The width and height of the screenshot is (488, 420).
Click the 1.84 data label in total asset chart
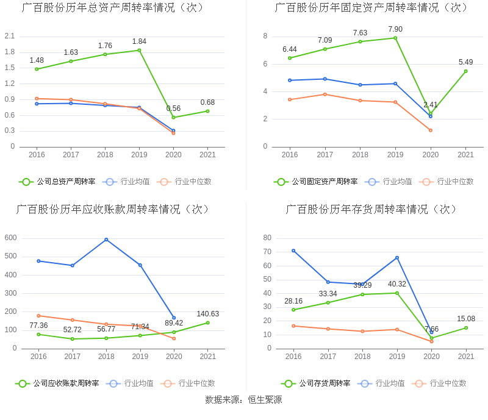(139, 41)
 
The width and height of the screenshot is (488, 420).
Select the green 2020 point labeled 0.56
(173, 118)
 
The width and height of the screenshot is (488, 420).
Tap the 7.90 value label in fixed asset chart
(395, 29)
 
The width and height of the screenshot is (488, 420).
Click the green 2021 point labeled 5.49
(465, 71)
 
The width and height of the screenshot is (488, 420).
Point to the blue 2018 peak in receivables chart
(106, 240)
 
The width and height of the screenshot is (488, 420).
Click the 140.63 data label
(207, 314)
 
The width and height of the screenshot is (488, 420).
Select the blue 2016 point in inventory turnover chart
(293, 251)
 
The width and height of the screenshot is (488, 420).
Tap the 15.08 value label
(465, 319)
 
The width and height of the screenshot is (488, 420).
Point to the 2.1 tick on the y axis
(10, 36)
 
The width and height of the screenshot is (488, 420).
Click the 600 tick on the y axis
(11, 238)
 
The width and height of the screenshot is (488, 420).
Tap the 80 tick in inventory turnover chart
(267, 238)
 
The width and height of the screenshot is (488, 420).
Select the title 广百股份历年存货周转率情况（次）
(371, 210)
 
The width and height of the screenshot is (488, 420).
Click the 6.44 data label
(290, 49)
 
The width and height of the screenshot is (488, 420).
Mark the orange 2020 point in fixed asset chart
(431, 130)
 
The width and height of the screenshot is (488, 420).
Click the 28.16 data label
(293, 301)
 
